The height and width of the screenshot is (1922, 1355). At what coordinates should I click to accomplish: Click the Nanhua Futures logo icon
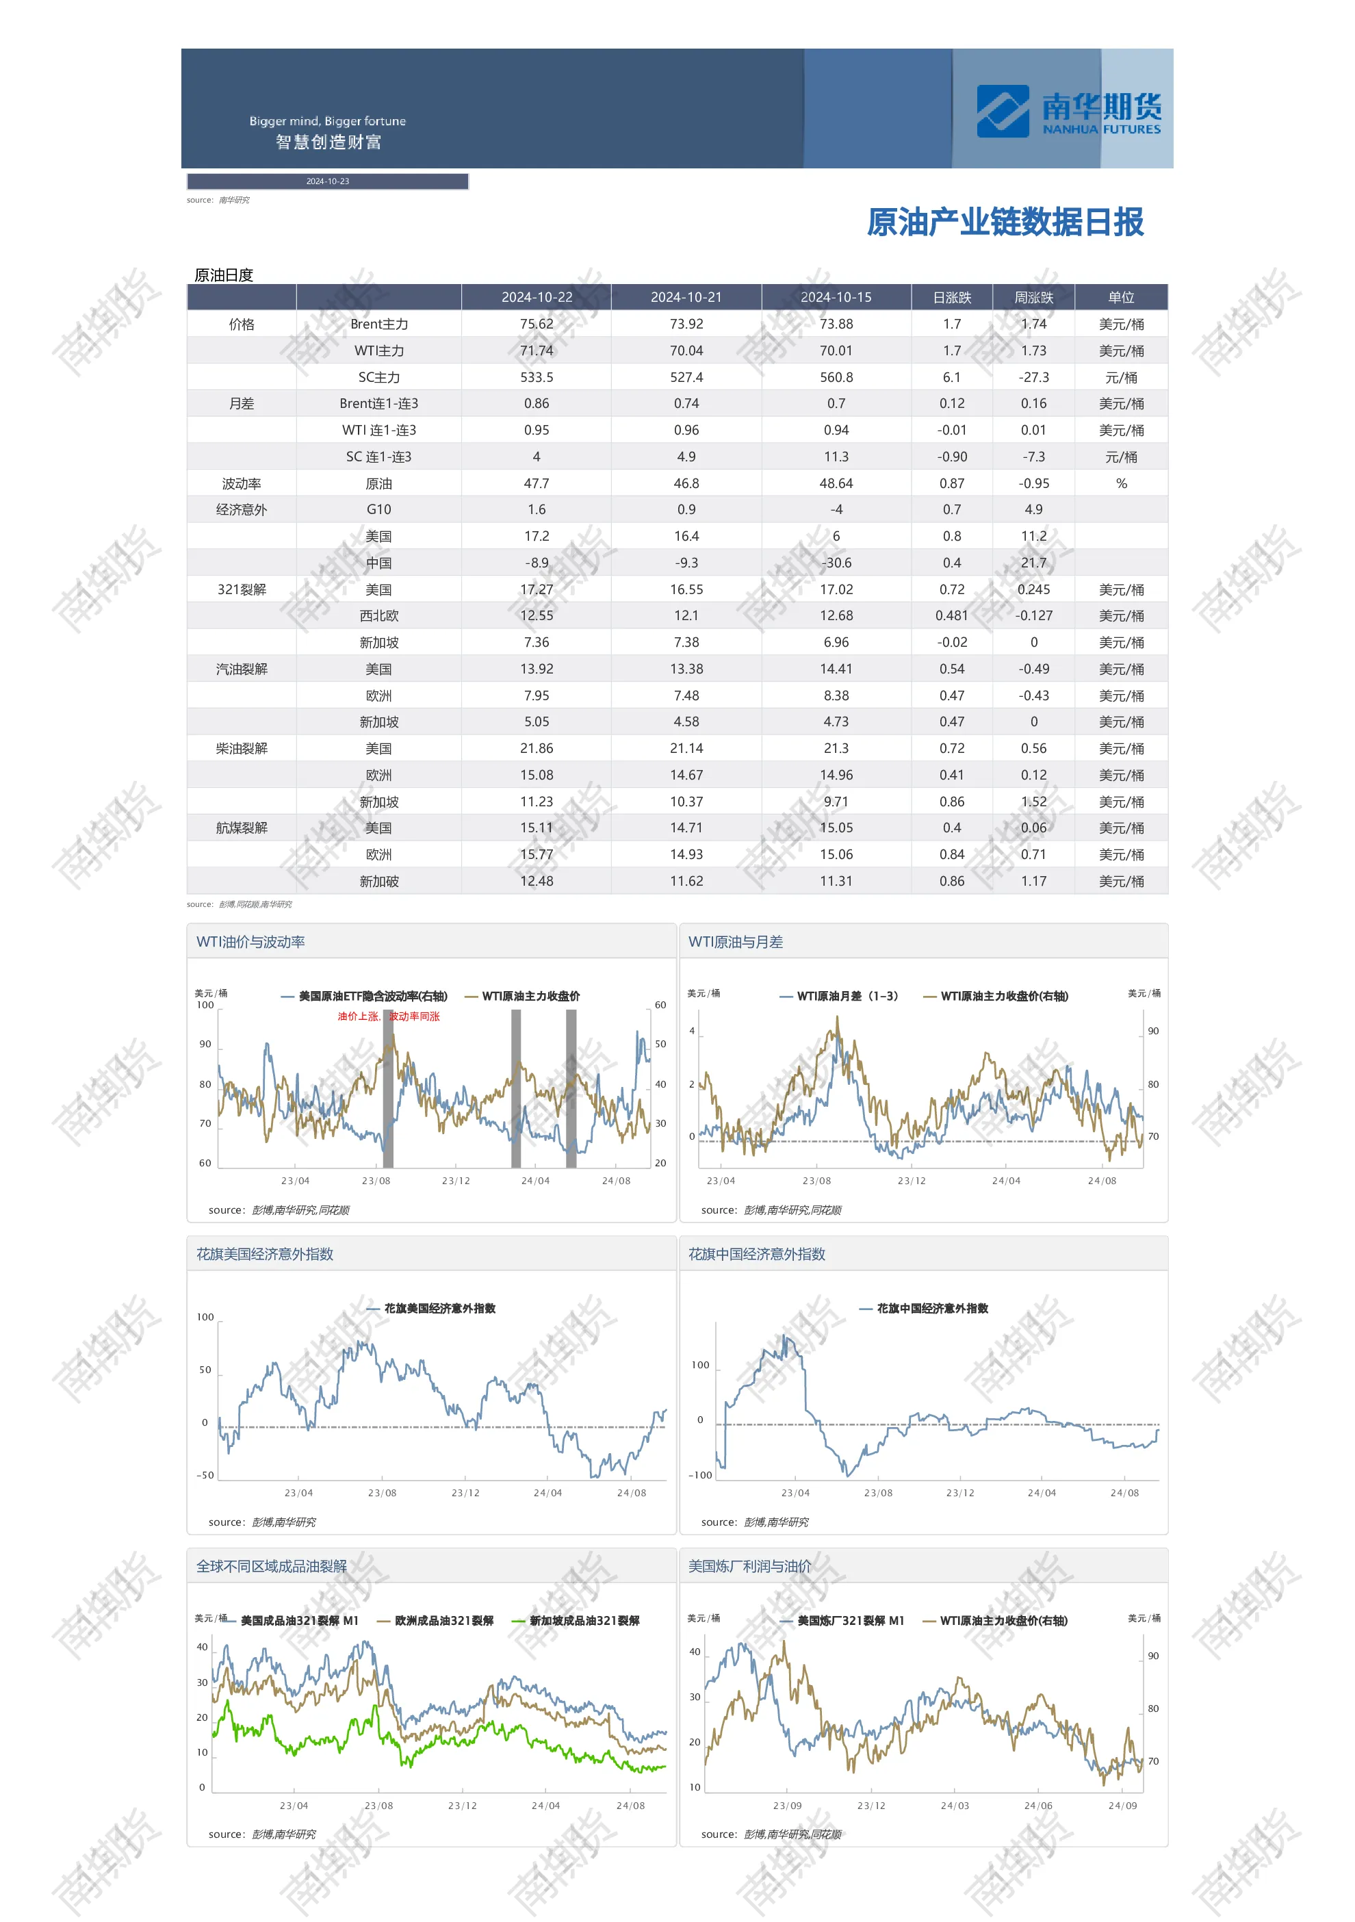pos(1002,112)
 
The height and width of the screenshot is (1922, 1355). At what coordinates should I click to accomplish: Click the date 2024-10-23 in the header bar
pos(327,181)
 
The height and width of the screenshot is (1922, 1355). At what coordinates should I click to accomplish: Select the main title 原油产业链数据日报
pos(1005,222)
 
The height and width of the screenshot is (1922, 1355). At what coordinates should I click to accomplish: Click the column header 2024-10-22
pos(537,297)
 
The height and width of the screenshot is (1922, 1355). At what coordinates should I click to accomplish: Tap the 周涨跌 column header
pos(1033,297)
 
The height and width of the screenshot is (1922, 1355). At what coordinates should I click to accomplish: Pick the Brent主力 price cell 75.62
pos(537,324)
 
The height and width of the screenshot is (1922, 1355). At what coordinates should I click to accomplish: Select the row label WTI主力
pos(378,350)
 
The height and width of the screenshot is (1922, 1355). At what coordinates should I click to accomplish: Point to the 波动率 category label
pos(241,484)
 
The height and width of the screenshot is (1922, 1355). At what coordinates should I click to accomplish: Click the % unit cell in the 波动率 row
pos(1122,484)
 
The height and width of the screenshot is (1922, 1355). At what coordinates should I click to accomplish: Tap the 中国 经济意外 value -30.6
pos(836,563)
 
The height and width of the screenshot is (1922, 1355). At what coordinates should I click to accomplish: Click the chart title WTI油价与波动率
pos(250,942)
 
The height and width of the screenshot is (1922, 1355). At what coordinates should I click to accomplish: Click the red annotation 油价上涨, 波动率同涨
pos(388,1016)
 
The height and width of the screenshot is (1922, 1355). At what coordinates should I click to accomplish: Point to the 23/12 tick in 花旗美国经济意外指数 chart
pos(465,1493)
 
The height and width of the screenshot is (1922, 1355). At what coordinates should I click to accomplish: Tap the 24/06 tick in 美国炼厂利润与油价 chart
pos(1037,1806)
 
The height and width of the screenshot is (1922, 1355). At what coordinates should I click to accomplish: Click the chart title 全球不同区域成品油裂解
pos(271,1566)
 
